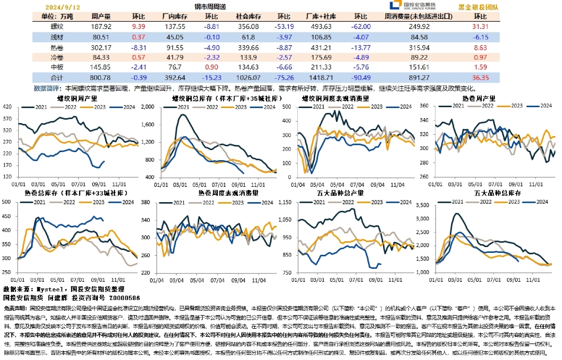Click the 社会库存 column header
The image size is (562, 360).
[x=249, y=16]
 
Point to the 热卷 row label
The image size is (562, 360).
[x=57, y=47]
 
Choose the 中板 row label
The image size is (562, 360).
[x=57, y=67]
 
